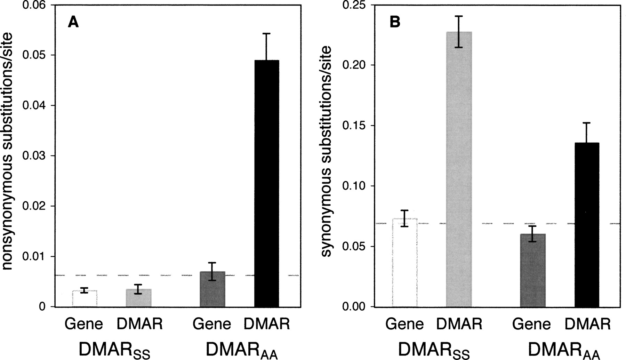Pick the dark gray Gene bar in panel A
[212, 289]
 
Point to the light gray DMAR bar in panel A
[138, 298]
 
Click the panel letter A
[73, 23]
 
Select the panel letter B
[395, 23]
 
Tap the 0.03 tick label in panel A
[34, 155]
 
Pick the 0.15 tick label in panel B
[353, 126]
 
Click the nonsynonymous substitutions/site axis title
[8, 151]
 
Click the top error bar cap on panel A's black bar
[267, 33]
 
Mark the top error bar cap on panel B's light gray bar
[459, 16]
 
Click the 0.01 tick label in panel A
[34, 256]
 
